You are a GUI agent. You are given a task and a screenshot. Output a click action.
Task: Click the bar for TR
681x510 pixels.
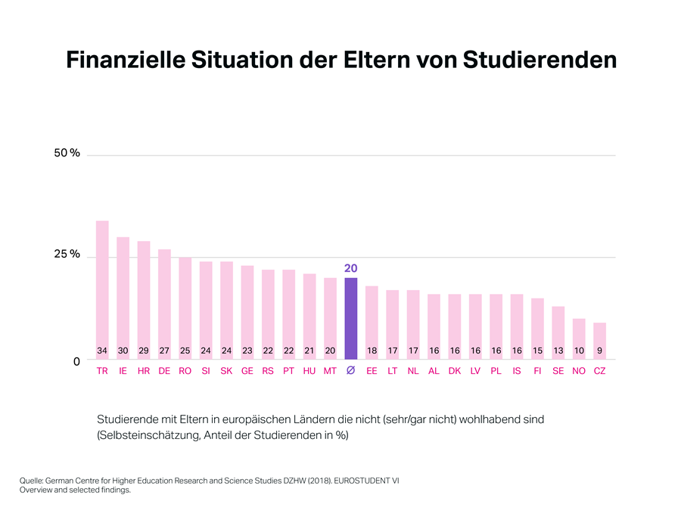pyautogui.click(x=102, y=287)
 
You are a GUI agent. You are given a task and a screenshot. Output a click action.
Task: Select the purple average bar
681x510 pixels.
pyautogui.click(x=350, y=317)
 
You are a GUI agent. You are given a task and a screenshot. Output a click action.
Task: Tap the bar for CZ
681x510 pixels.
pyautogui.click(x=599, y=336)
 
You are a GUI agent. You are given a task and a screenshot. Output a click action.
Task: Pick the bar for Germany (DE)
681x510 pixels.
pyautogui.click(x=164, y=302)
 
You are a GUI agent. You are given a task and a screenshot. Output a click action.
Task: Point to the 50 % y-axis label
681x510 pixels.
pyautogui.click(x=67, y=153)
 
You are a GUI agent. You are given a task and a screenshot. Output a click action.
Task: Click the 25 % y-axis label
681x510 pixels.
pyautogui.click(x=67, y=255)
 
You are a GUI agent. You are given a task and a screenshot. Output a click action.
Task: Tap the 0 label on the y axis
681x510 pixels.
pyautogui.click(x=76, y=362)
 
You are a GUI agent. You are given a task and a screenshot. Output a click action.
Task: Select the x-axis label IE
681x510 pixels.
pyautogui.click(x=123, y=372)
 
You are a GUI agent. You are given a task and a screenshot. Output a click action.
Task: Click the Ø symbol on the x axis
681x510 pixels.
pyautogui.click(x=350, y=372)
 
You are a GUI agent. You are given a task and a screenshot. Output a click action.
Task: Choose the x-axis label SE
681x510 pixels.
pyautogui.click(x=558, y=372)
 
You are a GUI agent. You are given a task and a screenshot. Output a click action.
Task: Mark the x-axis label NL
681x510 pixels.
pyautogui.click(x=412, y=372)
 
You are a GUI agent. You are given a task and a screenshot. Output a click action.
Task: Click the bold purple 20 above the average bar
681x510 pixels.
pyautogui.click(x=350, y=268)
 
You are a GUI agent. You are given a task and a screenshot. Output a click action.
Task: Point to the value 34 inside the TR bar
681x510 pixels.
pyautogui.click(x=102, y=351)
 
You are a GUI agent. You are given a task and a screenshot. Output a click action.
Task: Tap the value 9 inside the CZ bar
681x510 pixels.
pyautogui.click(x=599, y=351)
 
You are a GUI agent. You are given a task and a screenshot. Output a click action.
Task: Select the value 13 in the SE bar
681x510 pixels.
pyautogui.click(x=558, y=351)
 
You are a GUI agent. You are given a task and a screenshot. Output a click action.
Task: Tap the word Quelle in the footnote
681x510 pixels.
pyautogui.click(x=31, y=480)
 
